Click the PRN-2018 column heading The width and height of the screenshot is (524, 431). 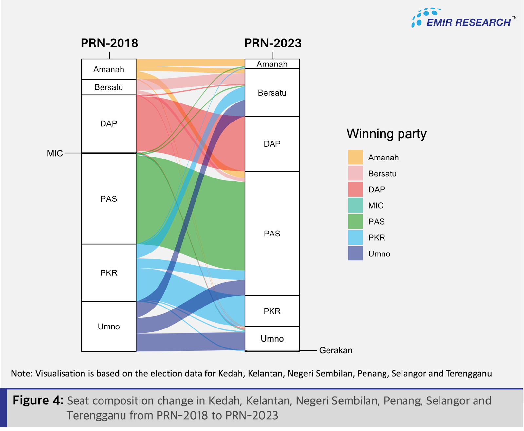click(x=109, y=43)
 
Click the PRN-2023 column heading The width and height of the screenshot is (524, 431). click(x=272, y=43)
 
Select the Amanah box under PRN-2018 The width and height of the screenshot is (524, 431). click(x=109, y=69)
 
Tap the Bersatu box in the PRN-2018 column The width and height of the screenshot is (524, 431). click(x=109, y=87)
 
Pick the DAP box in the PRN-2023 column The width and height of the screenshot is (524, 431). click(x=272, y=144)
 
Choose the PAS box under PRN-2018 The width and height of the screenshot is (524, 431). click(x=109, y=199)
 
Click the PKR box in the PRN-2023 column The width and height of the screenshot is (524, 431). click(x=272, y=311)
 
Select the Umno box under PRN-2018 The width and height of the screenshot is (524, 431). click(x=109, y=327)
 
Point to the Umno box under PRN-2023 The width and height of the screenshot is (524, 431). click(x=272, y=339)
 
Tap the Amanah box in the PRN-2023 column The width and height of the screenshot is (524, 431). click(x=272, y=64)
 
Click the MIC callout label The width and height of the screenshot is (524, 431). click(x=55, y=153)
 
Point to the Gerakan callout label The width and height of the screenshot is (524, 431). click(x=336, y=350)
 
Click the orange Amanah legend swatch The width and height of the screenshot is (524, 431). click(x=355, y=157)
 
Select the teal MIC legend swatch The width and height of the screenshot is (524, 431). click(x=355, y=205)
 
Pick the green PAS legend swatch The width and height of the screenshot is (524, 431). click(x=355, y=221)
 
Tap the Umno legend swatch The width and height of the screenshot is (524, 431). click(x=355, y=253)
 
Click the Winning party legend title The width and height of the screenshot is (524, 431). click(x=386, y=134)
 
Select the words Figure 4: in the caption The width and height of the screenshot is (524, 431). click(x=38, y=401)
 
